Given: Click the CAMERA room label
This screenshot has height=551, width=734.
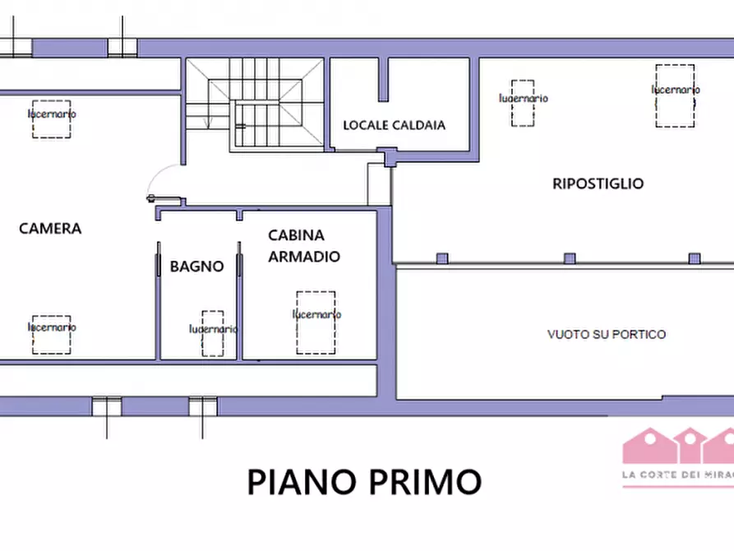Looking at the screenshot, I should pyautogui.click(x=50, y=229).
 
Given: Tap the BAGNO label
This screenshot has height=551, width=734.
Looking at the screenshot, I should pyautogui.click(x=196, y=266).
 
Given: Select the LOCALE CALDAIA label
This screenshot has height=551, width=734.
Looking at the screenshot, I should pyautogui.click(x=394, y=126).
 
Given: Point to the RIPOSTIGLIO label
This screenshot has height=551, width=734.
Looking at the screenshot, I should pyautogui.click(x=598, y=183).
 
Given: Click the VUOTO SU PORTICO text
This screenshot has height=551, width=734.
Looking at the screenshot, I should pyautogui.click(x=607, y=335).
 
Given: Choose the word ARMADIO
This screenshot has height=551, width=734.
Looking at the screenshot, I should pyautogui.click(x=304, y=257).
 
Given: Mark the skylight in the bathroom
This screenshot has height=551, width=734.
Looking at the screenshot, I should pyautogui.click(x=213, y=332).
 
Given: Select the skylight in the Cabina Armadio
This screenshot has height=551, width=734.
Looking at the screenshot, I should pyautogui.click(x=316, y=322).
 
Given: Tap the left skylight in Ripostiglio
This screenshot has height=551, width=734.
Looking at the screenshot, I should pyautogui.click(x=524, y=103).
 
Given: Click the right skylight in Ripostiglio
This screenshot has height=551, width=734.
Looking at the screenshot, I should pyautogui.click(x=675, y=95).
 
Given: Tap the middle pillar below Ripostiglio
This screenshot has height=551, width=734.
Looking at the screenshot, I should pyautogui.click(x=570, y=258).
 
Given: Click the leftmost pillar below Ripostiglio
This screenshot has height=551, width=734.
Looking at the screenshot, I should pyautogui.click(x=441, y=258).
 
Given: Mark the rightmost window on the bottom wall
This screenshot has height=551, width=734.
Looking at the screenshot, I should pyautogui.click(x=202, y=406).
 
